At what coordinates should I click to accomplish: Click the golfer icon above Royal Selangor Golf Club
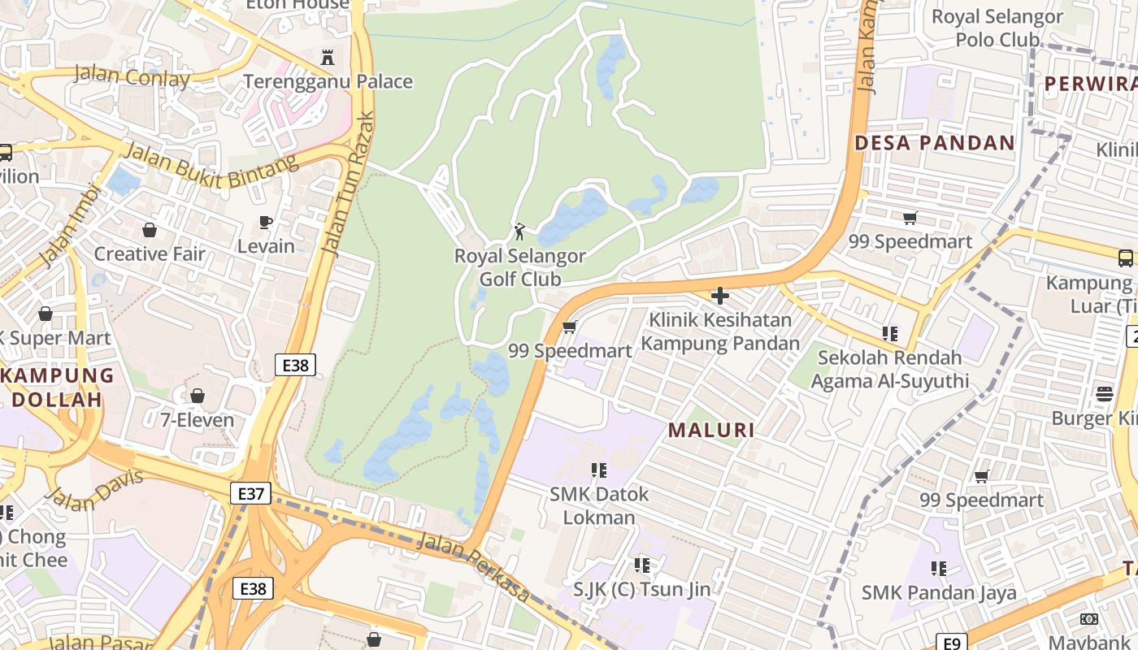(x=519, y=232)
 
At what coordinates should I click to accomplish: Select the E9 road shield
(x=953, y=642)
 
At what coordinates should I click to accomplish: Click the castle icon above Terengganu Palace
(x=328, y=58)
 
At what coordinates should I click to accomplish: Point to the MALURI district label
(x=711, y=431)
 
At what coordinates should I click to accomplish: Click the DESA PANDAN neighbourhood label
(x=934, y=144)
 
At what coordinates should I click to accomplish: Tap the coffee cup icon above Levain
(x=266, y=222)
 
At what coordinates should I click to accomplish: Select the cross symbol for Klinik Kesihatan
(x=719, y=296)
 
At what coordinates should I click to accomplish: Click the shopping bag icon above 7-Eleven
(x=197, y=396)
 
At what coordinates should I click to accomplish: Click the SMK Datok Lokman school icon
(x=599, y=470)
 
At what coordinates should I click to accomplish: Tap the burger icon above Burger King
(x=1105, y=394)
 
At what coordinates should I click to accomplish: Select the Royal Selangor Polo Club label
(x=997, y=28)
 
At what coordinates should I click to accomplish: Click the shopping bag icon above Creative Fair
(x=150, y=230)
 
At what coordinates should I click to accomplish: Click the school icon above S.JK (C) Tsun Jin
(x=641, y=565)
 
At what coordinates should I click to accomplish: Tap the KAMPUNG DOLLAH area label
(x=57, y=388)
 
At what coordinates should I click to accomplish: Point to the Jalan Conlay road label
(x=132, y=77)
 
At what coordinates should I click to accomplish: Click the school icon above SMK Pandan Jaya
(x=939, y=568)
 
